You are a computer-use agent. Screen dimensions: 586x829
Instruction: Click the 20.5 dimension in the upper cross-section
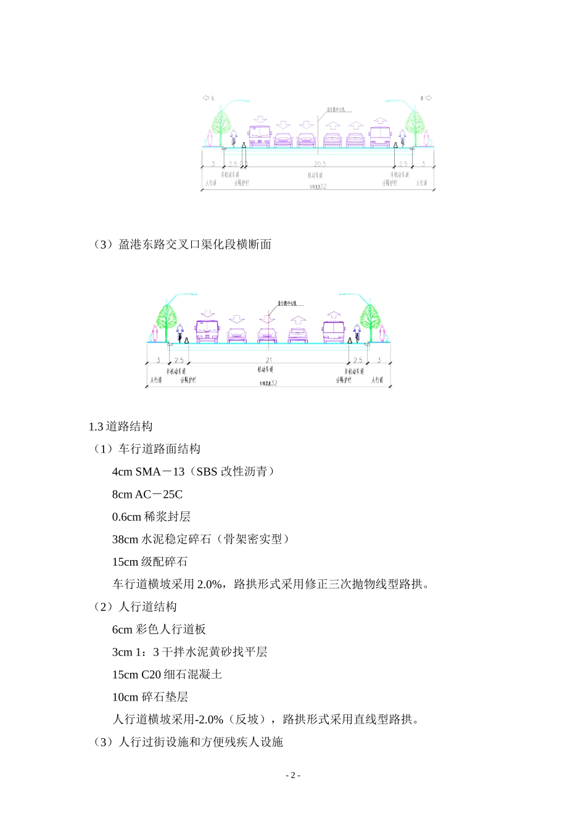tap(319, 164)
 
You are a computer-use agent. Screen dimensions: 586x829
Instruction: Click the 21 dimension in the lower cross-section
tap(269, 360)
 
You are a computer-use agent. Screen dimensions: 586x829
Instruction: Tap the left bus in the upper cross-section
tap(259, 136)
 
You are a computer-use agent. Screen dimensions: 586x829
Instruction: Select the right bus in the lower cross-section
tap(334, 332)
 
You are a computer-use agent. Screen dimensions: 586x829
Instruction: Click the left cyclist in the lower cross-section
tap(180, 333)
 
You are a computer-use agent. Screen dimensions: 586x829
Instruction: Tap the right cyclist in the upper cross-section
tap(402, 138)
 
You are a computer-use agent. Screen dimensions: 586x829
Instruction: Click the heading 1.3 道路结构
tap(120, 426)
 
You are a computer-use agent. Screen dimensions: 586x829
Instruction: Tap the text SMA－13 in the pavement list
tap(160, 472)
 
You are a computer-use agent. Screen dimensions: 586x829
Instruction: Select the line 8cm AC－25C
tap(147, 494)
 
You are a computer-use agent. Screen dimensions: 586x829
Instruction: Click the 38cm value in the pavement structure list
tap(125, 539)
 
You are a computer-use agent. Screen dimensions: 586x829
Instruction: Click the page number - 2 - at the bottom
tap(293, 775)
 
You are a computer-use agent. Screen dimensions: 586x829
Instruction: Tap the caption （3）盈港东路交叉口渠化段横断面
tap(183, 244)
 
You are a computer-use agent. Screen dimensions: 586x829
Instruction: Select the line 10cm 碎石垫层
tap(150, 697)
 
